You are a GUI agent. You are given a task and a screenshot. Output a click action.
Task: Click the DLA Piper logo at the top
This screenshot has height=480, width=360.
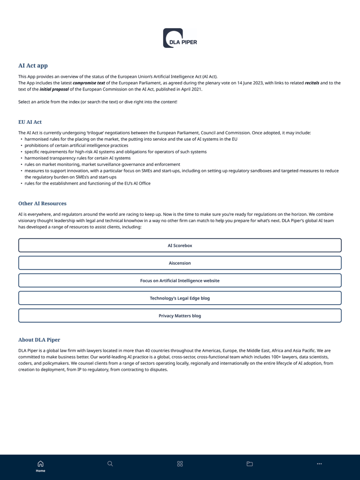click(179, 38)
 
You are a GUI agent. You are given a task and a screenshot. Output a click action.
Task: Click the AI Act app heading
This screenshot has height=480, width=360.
click(33, 65)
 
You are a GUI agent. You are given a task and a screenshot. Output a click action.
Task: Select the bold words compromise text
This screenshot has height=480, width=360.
click(88, 83)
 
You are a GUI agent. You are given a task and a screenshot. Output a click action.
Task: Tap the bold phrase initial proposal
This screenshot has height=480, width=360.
click(54, 89)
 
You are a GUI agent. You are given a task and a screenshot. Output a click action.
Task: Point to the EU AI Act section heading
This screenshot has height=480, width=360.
click(30, 122)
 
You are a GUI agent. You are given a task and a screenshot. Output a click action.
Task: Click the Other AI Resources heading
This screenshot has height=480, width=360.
click(42, 203)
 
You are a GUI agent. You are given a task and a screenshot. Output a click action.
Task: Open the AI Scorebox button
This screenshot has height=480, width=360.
click(179, 246)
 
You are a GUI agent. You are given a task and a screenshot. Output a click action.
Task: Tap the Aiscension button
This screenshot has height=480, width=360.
click(179, 263)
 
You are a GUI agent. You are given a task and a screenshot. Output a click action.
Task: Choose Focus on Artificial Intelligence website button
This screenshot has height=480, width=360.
click(179, 281)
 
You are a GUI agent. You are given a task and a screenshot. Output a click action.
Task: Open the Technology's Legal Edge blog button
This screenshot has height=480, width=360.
click(179, 298)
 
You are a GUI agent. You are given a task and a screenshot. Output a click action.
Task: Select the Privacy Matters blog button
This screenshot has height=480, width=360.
click(179, 316)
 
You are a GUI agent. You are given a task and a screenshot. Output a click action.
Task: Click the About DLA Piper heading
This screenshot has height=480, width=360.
click(39, 340)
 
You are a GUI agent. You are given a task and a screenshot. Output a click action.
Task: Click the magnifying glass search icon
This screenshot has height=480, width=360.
click(110, 464)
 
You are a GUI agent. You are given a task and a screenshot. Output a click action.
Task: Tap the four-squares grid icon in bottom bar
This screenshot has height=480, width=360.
click(180, 464)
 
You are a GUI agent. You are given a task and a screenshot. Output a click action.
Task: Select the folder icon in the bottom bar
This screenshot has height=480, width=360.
click(249, 464)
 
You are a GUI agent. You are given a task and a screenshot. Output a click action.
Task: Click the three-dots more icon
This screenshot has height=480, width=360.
click(319, 464)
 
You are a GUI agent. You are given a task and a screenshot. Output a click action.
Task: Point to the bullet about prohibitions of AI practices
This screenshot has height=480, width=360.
click(76, 145)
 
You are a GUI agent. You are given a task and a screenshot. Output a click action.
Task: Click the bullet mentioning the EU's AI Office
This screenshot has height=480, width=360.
click(87, 183)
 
